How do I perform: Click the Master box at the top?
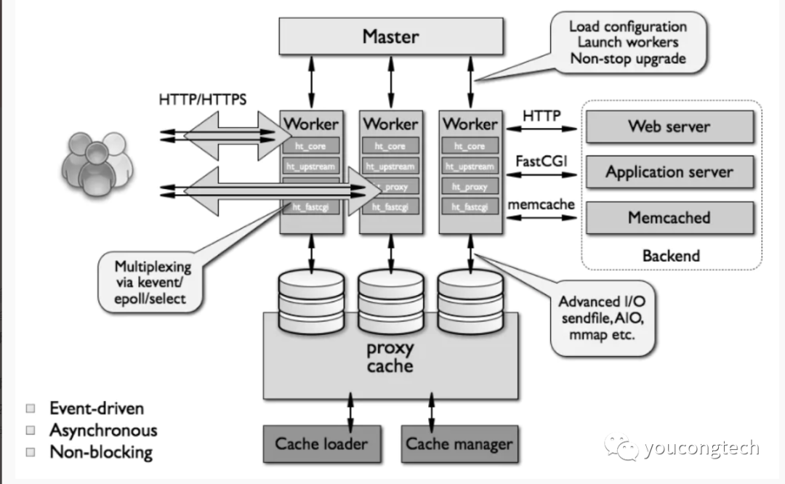tap(391, 35)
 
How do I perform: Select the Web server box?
tap(669, 126)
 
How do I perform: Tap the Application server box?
tap(669, 172)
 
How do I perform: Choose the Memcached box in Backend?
tap(669, 217)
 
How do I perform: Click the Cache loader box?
tap(321, 443)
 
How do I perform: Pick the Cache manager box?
tap(459, 443)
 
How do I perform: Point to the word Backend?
tap(671, 255)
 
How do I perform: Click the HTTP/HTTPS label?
tap(202, 99)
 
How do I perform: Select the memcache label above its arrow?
tap(542, 204)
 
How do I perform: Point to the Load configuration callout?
tap(627, 42)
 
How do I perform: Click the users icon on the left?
tap(97, 164)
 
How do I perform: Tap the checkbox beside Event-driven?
tap(31, 408)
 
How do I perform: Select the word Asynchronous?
tap(102, 430)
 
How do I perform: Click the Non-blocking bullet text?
tap(100, 452)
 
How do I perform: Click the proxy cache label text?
tap(390, 356)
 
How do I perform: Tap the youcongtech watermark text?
tap(701, 448)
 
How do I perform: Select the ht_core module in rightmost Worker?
tap(470, 146)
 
